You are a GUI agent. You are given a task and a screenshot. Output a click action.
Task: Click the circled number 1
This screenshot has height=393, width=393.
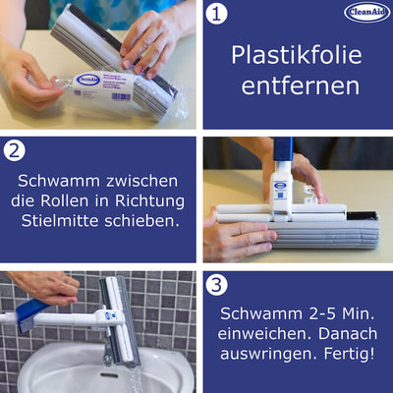click(218, 16)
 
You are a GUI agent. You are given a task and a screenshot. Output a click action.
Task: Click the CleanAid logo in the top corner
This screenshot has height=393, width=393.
click(366, 13)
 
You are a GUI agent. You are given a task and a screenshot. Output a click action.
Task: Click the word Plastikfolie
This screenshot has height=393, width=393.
click(296, 54)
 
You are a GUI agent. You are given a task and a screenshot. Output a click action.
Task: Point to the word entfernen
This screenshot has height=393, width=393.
click(296, 85)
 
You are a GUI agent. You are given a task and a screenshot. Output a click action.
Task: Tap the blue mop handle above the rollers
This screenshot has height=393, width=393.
click(283, 157)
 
